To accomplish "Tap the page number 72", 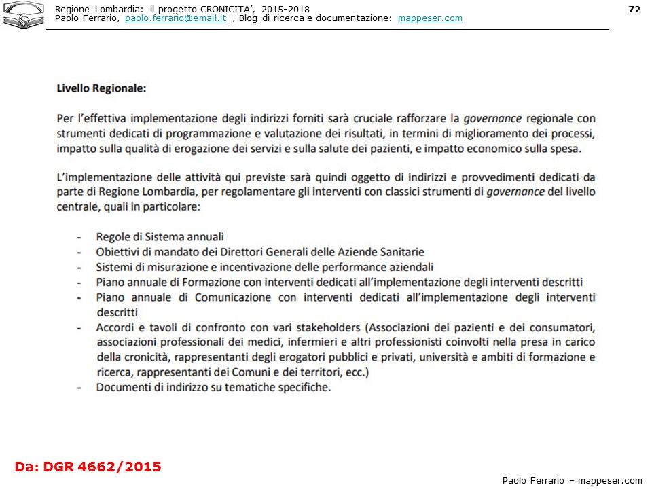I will (634, 9).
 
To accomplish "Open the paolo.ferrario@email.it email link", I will (175, 18).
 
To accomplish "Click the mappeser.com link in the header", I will (430, 18).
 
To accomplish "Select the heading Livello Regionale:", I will (101, 88).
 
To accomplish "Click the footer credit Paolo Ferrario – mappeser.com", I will (572, 480).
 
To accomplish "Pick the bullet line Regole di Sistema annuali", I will (160, 237).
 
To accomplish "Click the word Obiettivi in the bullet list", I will (118, 252).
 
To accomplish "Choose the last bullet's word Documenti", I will (123, 388).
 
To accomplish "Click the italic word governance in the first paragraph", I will (492, 118).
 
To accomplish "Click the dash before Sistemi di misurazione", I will (79, 268).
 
